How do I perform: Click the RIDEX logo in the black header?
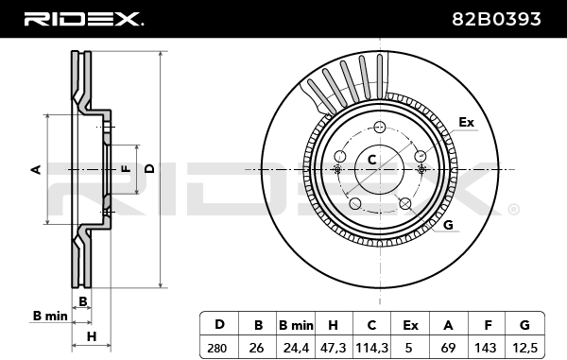pyautogui.click(x=83, y=19)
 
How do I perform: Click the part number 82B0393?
pyautogui.click(x=496, y=19)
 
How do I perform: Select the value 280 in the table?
pyautogui.click(x=217, y=349)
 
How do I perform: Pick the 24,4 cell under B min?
pyautogui.click(x=296, y=348)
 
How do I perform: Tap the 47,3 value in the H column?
pyautogui.click(x=333, y=348)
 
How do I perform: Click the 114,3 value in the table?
pyautogui.click(x=371, y=348)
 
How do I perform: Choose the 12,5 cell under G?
pyautogui.click(x=525, y=348)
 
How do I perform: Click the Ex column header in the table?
pyautogui.click(x=410, y=326)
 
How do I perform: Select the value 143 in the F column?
pyautogui.click(x=486, y=348)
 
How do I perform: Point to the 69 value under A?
pyautogui.click(x=448, y=348)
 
